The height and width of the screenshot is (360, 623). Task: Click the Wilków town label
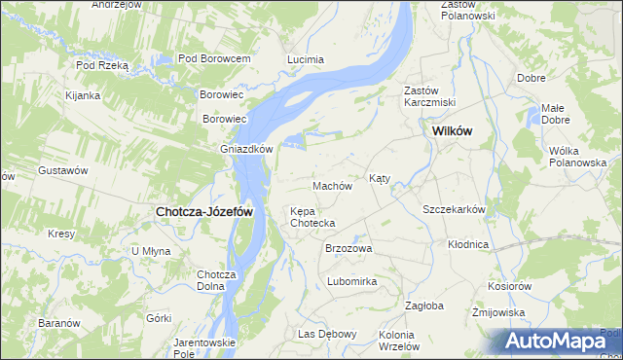click(452, 130)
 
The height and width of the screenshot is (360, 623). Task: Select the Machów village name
click(331, 186)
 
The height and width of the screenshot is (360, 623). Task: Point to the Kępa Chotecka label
click(312, 217)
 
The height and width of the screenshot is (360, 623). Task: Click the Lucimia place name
click(306, 59)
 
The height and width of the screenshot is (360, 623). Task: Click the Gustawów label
click(63, 170)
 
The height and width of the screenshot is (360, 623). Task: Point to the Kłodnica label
click(468, 244)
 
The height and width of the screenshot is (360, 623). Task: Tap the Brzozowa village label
click(348, 248)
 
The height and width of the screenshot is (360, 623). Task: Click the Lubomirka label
click(351, 281)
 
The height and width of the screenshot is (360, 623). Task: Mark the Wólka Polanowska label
click(577, 156)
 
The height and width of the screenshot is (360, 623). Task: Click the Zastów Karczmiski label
click(430, 96)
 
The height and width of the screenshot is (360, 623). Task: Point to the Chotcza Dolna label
click(217, 280)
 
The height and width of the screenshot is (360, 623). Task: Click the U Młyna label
click(151, 251)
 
